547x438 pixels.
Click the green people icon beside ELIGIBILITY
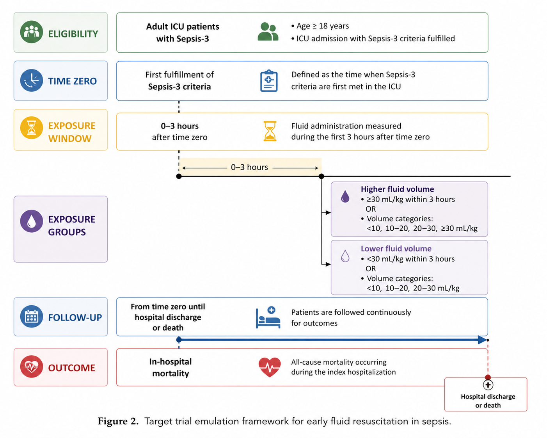[x=32, y=32]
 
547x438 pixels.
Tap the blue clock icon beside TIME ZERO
[x=32, y=80]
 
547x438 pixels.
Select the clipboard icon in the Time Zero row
[x=269, y=81]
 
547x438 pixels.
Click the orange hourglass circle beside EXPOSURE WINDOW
[x=32, y=128]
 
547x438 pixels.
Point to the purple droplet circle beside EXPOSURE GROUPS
[x=32, y=221]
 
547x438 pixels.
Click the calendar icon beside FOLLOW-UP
[x=32, y=317]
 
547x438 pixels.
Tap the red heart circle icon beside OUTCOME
[x=32, y=367]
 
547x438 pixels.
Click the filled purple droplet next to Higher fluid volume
[x=345, y=196]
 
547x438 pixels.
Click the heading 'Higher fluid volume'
[x=397, y=189]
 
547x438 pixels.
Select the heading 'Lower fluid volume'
[x=396, y=249]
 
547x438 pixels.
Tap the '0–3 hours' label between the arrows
[x=249, y=167]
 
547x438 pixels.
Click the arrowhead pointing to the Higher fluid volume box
[x=328, y=212]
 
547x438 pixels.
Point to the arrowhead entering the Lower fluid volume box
[x=328, y=264]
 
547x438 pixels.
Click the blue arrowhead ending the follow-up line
[x=482, y=340]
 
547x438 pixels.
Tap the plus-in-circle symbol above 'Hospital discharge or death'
[x=488, y=385]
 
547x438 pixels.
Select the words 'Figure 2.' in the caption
[x=118, y=421]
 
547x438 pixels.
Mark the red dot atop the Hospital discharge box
[x=488, y=377]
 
